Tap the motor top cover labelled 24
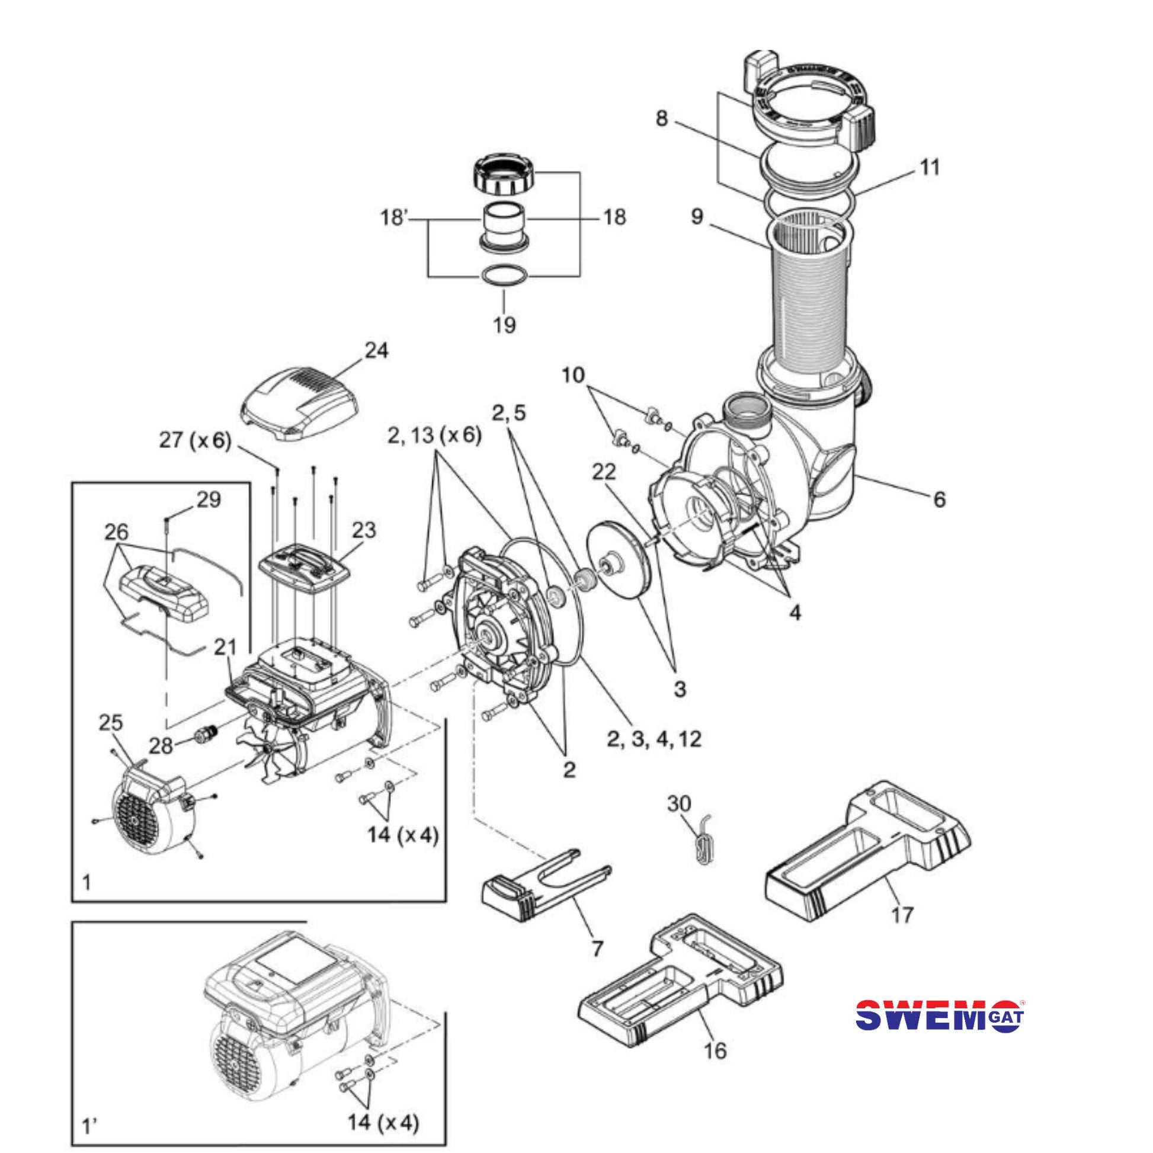coord(299,403)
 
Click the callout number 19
coord(504,325)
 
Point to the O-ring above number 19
coord(504,277)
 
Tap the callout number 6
coord(939,499)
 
